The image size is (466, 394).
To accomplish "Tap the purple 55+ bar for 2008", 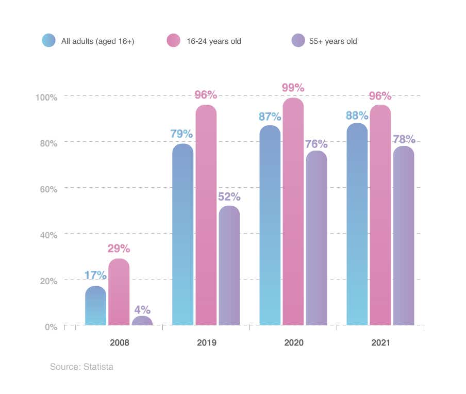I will click(x=142, y=321).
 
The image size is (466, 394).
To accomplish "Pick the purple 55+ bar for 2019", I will click(x=229, y=266).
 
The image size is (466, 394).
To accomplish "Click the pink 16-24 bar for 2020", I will click(x=293, y=211).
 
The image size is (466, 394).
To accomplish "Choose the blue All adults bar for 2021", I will click(x=357, y=224).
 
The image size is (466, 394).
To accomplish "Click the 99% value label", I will click(x=293, y=88).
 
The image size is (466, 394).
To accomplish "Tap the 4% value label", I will click(x=142, y=310).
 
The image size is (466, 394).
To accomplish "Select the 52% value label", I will click(x=229, y=196).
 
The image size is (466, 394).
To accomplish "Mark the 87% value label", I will click(x=270, y=117).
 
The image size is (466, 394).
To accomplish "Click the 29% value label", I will click(x=119, y=249).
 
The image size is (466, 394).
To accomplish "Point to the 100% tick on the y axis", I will click(x=46, y=97).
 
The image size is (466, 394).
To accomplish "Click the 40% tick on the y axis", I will click(x=48, y=235).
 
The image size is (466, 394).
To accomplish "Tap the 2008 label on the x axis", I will click(x=119, y=342).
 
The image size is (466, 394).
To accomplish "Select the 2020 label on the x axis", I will click(x=293, y=342).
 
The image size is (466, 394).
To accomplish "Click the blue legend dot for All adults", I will click(x=48, y=41).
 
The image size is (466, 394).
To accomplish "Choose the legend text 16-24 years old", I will click(x=213, y=41).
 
